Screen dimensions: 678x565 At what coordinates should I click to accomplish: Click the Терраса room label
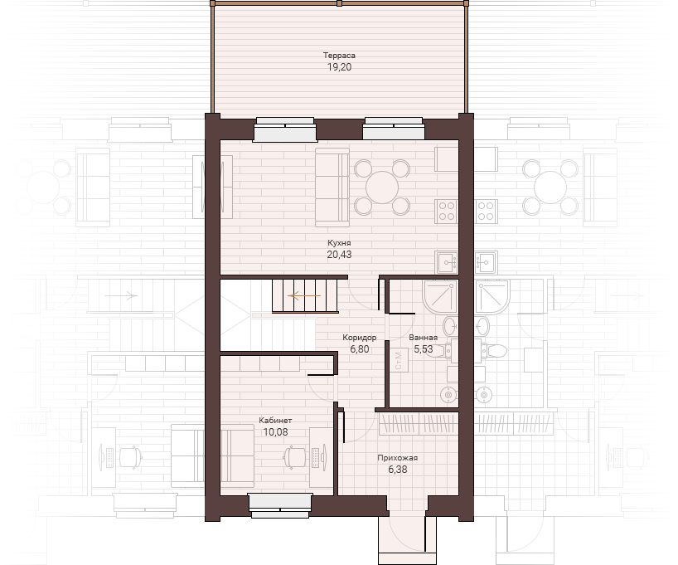point(339,56)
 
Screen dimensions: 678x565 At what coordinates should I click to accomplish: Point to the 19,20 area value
point(339,67)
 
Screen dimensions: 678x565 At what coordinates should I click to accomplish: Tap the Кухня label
point(339,243)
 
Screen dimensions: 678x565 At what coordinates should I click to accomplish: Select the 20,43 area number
point(339,255)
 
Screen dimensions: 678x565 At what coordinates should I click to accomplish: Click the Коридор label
point(360,338)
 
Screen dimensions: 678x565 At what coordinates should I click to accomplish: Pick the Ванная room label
point(423,338)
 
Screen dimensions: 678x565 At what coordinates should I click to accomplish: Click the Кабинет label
point(275,420)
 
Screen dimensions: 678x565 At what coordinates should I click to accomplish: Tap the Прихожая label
point(397,458)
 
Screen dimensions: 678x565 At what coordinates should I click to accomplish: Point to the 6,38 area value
point(397,470)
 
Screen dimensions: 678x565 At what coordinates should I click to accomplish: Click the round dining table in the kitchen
point(382,188)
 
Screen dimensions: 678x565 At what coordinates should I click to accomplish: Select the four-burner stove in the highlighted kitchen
point(446,212)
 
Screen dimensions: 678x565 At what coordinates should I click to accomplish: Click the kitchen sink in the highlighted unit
point(447,262)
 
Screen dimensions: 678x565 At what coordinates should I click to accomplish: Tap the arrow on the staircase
point(305,296)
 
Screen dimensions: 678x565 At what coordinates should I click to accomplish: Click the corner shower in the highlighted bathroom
point(440,296)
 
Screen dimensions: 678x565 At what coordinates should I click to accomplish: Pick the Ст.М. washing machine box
point(399,360)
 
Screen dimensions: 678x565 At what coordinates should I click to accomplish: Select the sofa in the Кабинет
point(237,453)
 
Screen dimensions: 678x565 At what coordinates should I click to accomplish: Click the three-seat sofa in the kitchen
point(332,188)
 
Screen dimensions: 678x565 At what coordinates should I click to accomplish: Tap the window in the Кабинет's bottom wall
point(280,505)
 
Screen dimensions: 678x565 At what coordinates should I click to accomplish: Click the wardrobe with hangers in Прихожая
point(419,424)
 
